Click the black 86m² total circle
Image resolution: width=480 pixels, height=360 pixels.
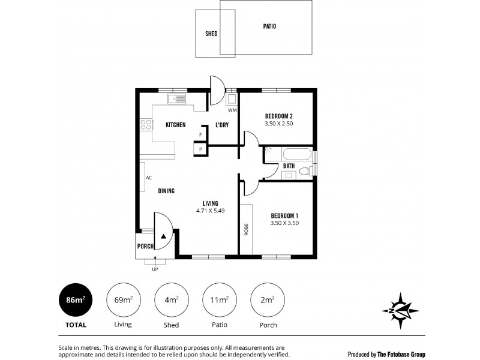tap(76, 299)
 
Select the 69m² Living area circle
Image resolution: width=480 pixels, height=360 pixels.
tap(123, 299)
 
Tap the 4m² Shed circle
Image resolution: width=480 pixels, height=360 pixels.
tap(171, 299)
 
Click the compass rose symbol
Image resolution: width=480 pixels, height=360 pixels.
tap(400, 310)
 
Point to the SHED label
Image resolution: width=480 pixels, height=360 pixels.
tap(211, 34)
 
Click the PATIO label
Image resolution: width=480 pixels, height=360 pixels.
tap(269, 26)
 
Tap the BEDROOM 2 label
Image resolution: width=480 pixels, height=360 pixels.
tap(278, 116)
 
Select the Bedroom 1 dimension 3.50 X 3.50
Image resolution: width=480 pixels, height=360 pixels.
tap(284, 223)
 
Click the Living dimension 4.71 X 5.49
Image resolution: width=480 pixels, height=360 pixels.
tap(210, 211)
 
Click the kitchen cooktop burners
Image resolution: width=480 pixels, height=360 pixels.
tap(146, 125)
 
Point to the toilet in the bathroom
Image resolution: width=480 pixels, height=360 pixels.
tap(305, 172)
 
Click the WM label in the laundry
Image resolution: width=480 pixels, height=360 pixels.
tap(232, 110)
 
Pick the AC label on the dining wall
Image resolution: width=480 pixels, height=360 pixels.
tap(148, 178)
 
